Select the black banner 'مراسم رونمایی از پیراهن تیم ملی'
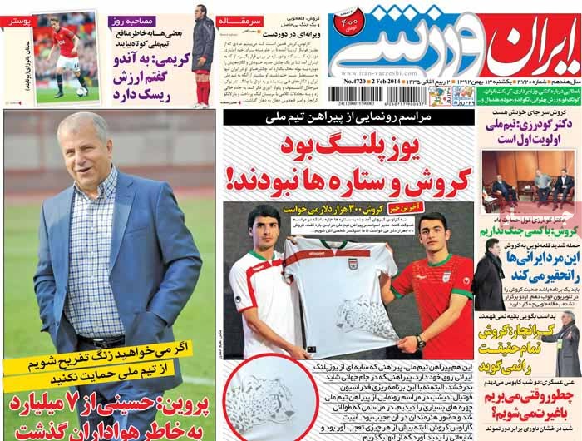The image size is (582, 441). click(350, 119)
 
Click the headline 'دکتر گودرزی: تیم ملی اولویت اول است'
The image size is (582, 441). click(532, 134)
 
